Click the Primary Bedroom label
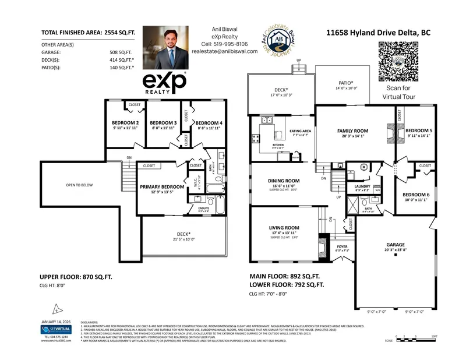(x=162, y=187)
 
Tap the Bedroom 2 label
(x=125, y=123)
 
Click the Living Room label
(x=284, y=228)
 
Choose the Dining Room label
(x=284, y=181)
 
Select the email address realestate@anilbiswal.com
(x=224, y=51)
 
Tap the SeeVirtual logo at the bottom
(x=57, y=330)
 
